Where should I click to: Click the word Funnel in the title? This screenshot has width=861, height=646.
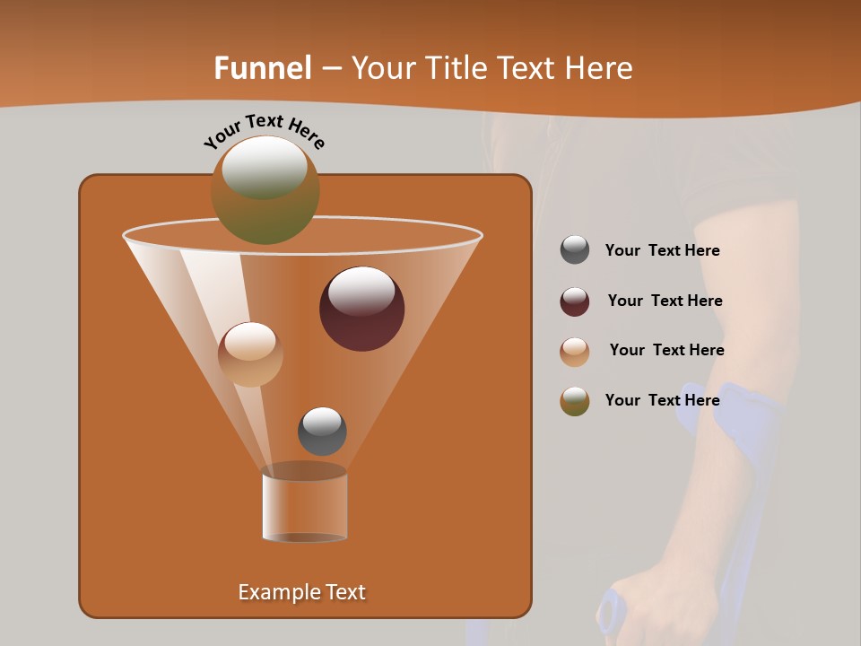pyautogui.click(x=262, y=68)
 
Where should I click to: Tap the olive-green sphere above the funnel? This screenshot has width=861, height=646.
pyautogui.click(x=265, y=189)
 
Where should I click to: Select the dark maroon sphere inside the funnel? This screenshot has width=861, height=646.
pyautogui.click(x=361, y=308)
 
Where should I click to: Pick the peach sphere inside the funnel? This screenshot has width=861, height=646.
pyautogui.click(x=250, y=354)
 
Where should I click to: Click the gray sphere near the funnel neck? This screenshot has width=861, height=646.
pyautogui.click(x=322, y=431)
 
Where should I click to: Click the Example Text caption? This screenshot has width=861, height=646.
pyautogui.click(x=301, y=592)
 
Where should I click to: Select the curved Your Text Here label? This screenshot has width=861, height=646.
pyautogui.click(x=264, y=130)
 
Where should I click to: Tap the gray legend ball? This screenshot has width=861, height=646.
pyautogui.click(x=575, y=250)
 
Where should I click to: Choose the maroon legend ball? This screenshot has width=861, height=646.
pyautogui.click(x=575, y=301)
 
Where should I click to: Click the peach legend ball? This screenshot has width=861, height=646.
pyautogui.click(x=575, y=352)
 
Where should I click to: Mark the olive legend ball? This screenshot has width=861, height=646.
pyautogui.click(x=575, y=401)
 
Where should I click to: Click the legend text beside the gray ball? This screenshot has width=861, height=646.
pyautogui.click(x=662, y=251)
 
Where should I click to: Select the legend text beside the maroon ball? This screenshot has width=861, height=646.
pyautogui.click(x=665, y=301)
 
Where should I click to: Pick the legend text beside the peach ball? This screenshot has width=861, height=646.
pyautogui.click(x=666, y=350)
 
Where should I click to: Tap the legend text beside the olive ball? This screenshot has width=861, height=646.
pyautogui.click(x=662, y=400)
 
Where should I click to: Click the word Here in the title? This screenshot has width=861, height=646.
pyautogui.click(x=599, y=68)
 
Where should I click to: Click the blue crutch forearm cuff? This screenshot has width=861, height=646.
pyautogui.click(x=726, y=404)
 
